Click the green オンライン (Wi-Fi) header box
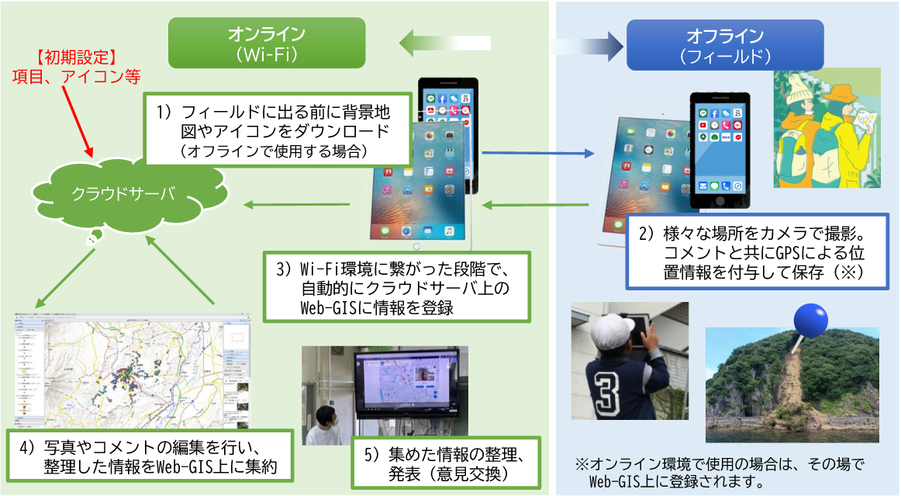pos(266,44)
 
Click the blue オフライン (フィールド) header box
pos(724,44)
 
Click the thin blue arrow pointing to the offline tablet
pos(534,154)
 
